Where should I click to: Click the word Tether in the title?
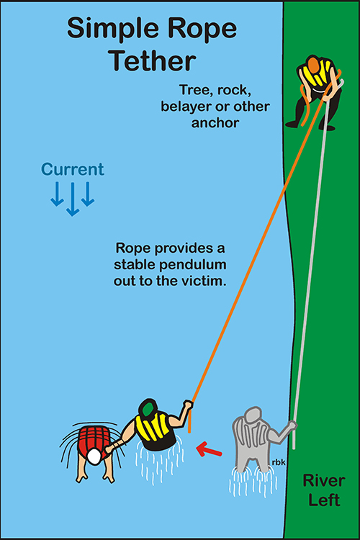[153, 60]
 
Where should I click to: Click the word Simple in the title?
[107, 30]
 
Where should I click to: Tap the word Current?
[72, 169]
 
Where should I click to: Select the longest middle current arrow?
[73, 199]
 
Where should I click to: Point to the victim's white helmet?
[94, 456]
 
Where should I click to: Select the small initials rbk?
[279, 462]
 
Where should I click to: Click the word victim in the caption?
[207, 281]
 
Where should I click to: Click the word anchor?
[215, 123]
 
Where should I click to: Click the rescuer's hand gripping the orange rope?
[188, 404]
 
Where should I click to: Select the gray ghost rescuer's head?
[253, 415]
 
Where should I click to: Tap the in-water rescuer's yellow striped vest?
[153, 427]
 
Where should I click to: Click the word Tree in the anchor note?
[194, 90]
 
